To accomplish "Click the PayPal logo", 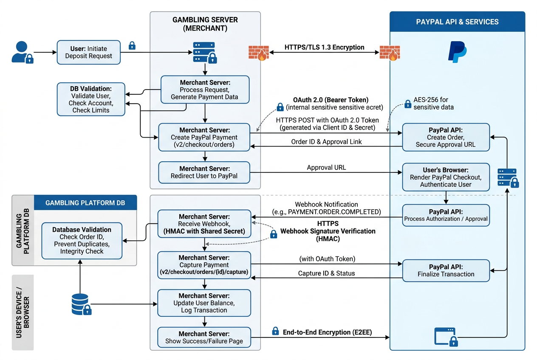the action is coord(458,52).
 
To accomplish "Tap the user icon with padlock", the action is coord(23,52).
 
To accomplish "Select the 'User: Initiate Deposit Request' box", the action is coord(89,52).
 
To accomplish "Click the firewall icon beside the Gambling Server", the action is coord(259,53).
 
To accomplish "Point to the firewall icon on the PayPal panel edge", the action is coord(390,53).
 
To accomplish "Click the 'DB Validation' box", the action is coord(91,99).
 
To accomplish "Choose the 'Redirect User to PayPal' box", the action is coord(204,172).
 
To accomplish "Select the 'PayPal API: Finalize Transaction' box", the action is coord(446,270).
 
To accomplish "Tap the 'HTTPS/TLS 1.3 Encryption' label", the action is coord(324,47).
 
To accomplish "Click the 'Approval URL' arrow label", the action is coord(326,167).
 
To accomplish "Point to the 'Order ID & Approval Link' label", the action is coord(326,142).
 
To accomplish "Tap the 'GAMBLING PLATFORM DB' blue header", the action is coord(85,202).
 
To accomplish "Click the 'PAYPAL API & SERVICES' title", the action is coord(457,22).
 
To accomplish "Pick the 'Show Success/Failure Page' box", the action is coord(204,337).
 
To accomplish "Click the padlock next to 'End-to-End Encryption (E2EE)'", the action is coord(275,331).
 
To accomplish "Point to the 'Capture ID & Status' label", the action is coord(326,273).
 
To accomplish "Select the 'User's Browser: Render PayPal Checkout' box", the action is coord(446,177).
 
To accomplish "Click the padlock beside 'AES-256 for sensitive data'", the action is coord(408,104).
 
